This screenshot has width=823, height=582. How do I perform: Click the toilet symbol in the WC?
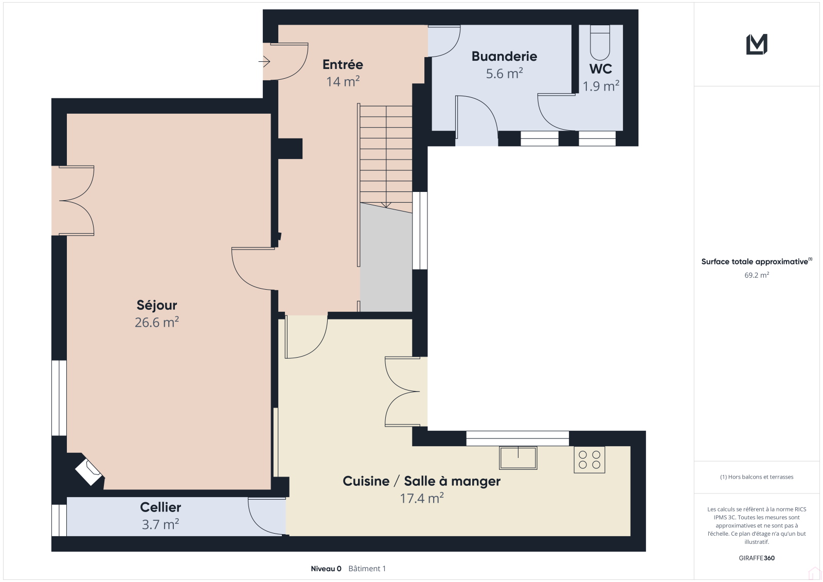tap(600, 42)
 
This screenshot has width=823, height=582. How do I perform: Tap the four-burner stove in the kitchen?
tap(589, 460)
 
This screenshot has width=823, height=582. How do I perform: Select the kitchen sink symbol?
tap(518, 458)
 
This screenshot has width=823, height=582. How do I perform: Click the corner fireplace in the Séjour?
tap(88, 472)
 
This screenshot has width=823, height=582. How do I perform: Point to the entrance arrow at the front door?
tap(264, 61)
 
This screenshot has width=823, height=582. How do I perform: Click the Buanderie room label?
tap(504, 56)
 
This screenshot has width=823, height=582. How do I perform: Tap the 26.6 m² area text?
tap(156, 322)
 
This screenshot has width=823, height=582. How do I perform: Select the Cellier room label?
tap(160, 507)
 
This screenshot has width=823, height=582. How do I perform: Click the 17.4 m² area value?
tap(422, 498)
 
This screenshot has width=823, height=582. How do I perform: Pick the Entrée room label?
tap(343, 64)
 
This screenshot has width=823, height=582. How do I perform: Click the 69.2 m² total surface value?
tap(757, 275)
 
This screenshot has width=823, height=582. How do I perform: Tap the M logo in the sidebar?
tap(757, 44)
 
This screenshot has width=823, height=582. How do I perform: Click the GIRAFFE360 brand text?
tap(757, 558)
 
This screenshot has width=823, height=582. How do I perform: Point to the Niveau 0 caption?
tap(326, 569)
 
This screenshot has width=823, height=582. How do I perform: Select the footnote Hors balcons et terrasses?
tap(757, 477)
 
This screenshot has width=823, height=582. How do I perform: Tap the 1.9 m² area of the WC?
tap(601, 86)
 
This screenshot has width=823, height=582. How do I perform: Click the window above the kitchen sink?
tap(517, 438)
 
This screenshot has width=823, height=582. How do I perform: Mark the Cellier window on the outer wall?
tap(59, 520)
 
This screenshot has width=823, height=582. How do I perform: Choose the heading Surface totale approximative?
tap(757, 261)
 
